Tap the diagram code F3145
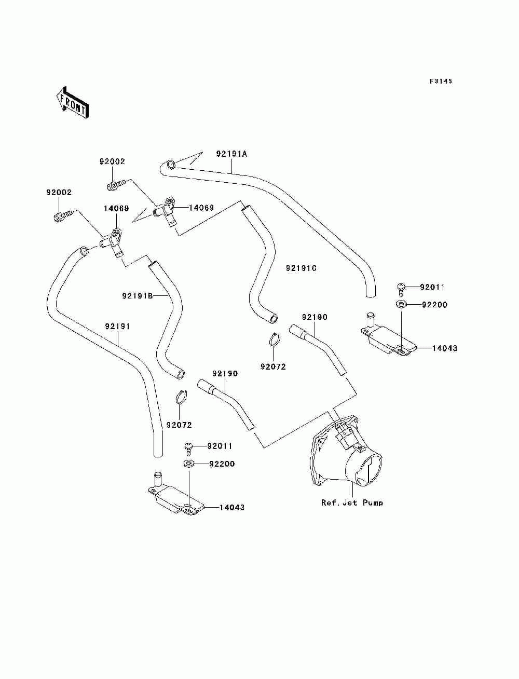click(441, 82)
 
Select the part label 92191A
click(231, 154)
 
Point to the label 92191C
click(301, 268)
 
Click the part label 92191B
click(138, 296)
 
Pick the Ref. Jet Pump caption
click(352, 503)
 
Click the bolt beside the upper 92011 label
click(401, 289)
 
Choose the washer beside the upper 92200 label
click(401, 304)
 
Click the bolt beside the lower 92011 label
click(188, 449)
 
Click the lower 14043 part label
click(232, 507)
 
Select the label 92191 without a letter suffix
click(117, 327)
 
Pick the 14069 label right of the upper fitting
click(201, 208)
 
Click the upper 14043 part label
click(444, 348)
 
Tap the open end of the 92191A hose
click(170, 164)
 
